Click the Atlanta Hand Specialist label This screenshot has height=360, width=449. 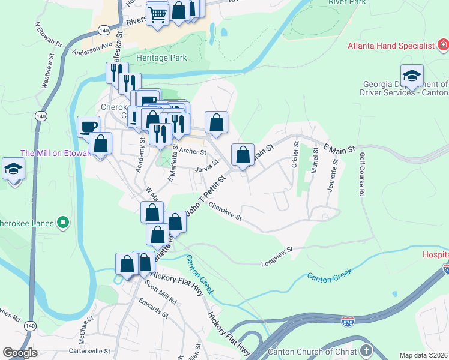tap(391, 46)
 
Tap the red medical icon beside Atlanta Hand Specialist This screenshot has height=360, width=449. tap(443, 45)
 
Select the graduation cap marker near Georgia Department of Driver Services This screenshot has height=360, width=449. tap(412, 76)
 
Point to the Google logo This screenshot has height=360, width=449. tap(20, 353)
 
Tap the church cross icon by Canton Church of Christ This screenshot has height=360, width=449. tap(366, 350)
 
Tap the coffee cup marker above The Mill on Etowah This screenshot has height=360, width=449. tap(89, 127)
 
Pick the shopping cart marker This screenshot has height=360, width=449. tap(157, 13)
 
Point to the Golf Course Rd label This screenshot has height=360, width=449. tap(362, 175)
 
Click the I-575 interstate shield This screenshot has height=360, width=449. tap(348, 322)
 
